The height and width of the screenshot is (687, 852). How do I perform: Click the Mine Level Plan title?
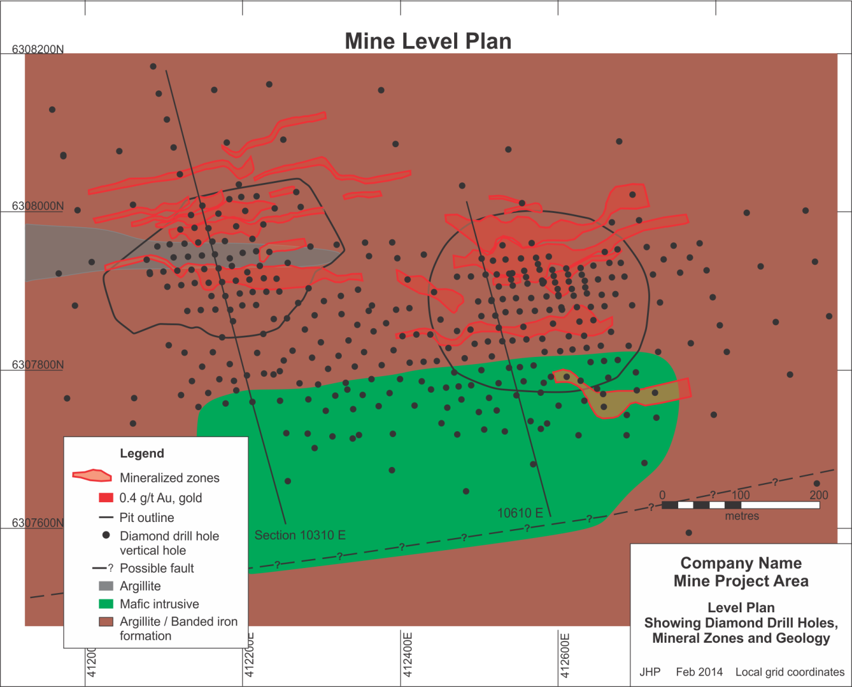pyautogui.click(x=428, y=41)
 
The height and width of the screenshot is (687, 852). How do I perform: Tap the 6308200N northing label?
pyautogui.click(x=38, y=49)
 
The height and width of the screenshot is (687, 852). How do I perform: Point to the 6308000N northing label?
pyautogui.click(x=38, y=206)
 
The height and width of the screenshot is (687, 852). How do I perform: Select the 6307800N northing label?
pyautogui.click(x=38, y=365)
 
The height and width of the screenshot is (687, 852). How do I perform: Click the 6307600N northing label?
pyautogui.click(x=38, y=523)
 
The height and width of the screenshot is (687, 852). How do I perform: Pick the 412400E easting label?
pyautogui.click(x=407, y=655)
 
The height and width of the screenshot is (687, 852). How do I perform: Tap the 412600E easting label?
pyautogui.click(x=565, y=655)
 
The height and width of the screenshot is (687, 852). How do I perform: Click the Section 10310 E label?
pyautogui.click(x=300, y=535)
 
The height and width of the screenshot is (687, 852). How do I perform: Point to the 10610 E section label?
pyautogui.click(x=520, y=513)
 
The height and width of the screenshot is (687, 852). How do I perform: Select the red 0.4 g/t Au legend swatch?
pyautogui.click(x=106, y=497)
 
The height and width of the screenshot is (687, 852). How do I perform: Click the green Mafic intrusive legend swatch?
pyautogui.click(x=106, y=604)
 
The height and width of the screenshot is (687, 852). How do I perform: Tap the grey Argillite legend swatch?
pyautogui.click(x=106, y=586)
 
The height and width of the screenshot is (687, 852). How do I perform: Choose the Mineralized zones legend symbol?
pyautogui.click(x=92, y=476)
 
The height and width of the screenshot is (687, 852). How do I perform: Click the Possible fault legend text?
pyautogui.click(x=157, y=568)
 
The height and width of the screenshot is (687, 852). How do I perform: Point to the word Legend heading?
pyautogui.click(x=142, y=453)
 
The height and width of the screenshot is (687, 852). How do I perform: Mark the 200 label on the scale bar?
pyautogui.click(x=819, y=495)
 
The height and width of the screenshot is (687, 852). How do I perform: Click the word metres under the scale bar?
pyautogui.click(x=741, y=516)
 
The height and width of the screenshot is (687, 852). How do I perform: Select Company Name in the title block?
pyautogui.click(x=741, y=563)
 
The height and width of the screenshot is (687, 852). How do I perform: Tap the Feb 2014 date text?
pyautogui.click(x=699, y=672)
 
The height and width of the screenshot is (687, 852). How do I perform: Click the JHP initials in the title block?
pyautogui.click(x=649, y=672)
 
